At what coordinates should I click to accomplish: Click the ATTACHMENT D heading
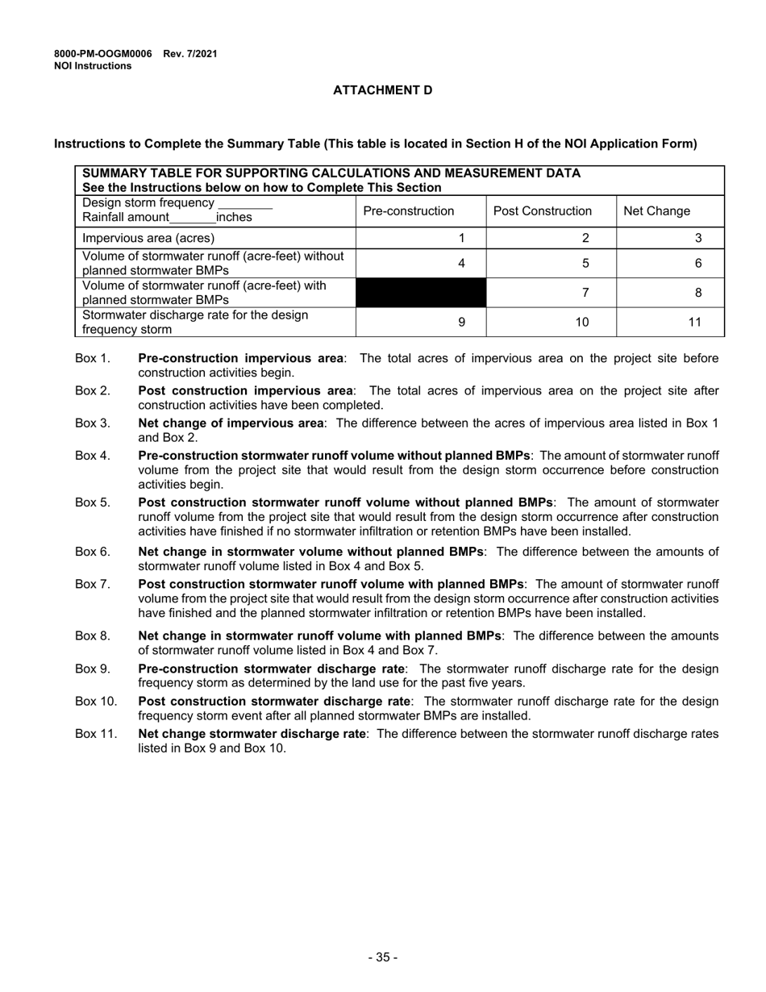click(382, 90)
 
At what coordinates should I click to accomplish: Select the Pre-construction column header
click(409, 211)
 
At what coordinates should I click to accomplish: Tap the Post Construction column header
click(542, 211)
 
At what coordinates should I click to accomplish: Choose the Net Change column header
click(656, 211)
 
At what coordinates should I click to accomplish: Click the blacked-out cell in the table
click(421, 293)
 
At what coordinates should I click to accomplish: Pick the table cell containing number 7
click(551, 293)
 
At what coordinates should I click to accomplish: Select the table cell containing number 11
click(670, 322)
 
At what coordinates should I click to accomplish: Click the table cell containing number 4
click(421, 263)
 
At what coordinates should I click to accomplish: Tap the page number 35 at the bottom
click(382, 957)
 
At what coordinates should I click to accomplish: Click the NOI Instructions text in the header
click(93, 66)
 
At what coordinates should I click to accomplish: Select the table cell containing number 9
click(421, 322)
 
